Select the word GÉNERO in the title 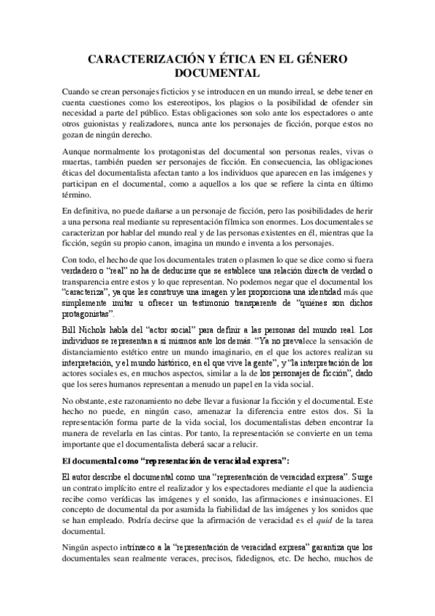point(317,59)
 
